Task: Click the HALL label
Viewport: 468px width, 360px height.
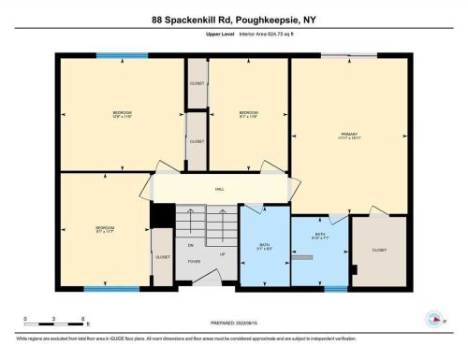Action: [220, 189]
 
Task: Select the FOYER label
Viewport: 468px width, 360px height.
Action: [194, 261]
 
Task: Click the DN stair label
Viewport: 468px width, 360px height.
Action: [191, 245]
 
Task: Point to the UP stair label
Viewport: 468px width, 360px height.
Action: [222, 253]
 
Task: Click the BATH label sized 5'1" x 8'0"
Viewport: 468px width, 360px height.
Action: [265, 247]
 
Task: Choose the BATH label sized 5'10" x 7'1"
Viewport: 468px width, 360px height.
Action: [320, 236]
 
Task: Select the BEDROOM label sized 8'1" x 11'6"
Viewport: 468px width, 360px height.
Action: [248, 114]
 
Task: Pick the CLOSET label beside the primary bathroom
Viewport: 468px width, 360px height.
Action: [379, 251]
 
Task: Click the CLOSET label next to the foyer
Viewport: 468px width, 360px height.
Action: [163, 257]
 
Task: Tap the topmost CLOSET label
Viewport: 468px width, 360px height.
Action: [197, 83]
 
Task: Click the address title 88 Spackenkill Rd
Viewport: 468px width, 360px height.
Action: [233, 18]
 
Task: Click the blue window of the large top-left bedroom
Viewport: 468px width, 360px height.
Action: [121, 56]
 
